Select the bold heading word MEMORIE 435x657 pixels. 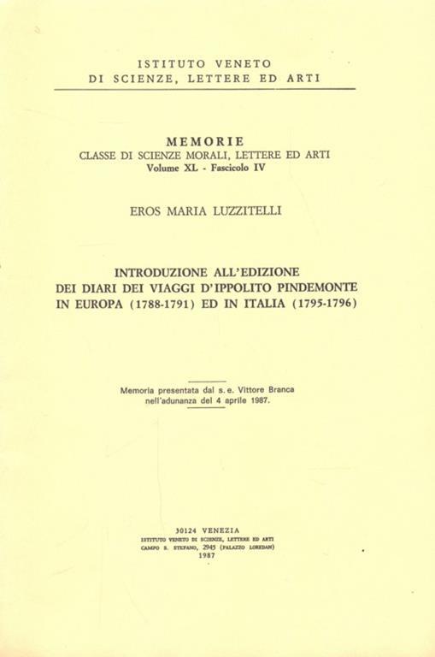pos(205,140)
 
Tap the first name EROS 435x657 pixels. pos(140,207)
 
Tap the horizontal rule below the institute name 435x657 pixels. pos(205,89)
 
